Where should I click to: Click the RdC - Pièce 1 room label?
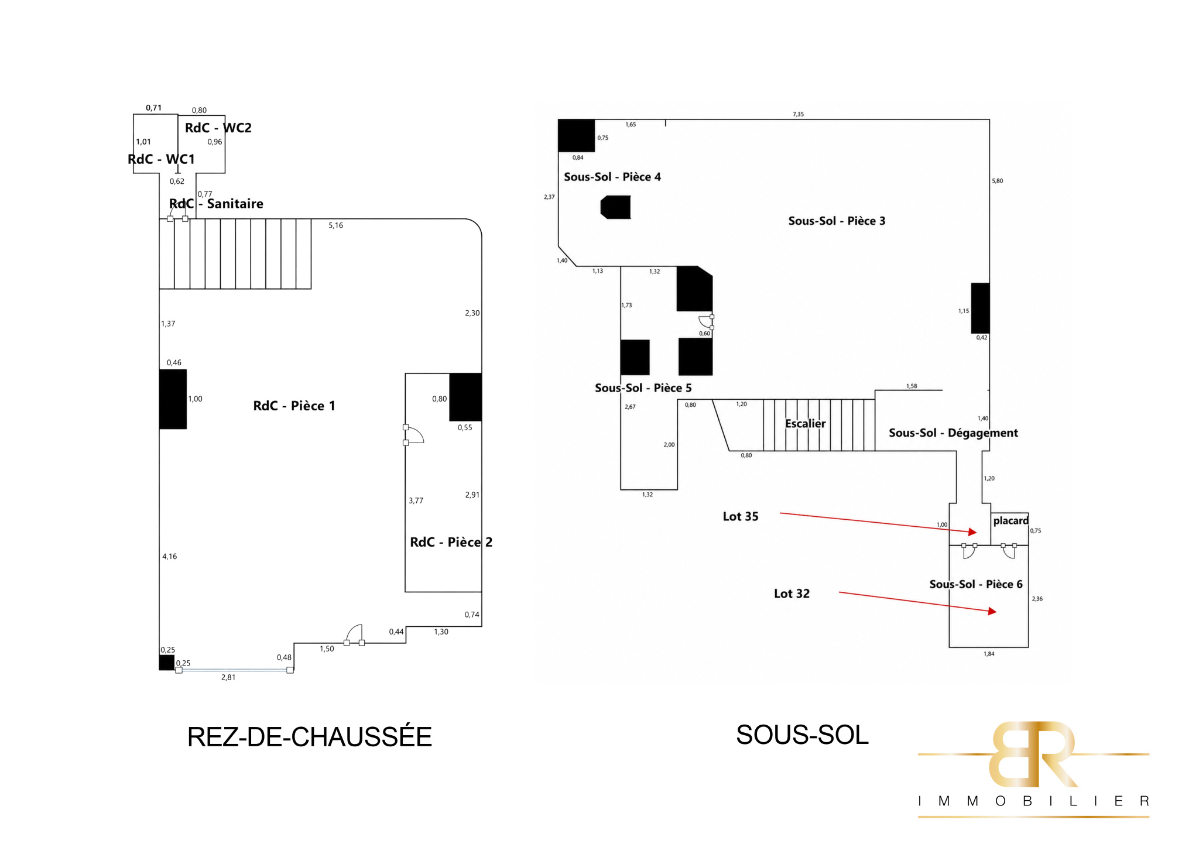pyautogui.click(x=294, y=406)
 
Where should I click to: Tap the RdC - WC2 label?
pyautogui.click(x=218, y=128)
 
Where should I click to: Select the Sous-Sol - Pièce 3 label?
pyautogui.click(x=837, y=221)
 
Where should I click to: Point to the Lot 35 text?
pyautogui.click(x=741, y=516)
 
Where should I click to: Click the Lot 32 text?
pyautogui.click(x=792, y=594)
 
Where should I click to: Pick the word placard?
pyautogui.click(x=1010, y=521)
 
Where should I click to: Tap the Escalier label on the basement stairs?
pyautogui.click(x=805, y=423)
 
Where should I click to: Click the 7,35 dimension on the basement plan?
pyautogui.click(x=798, y=114)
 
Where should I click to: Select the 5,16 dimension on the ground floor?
pyautogui.click(x=335, y=225)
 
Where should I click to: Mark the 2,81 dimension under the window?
pyautogui.click(x=228, y=677)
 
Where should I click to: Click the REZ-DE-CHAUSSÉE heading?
pyautogui.click(x=310, y=736)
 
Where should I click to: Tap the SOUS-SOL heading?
pyautogui.click(x=802, y=735)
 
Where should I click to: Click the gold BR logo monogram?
pyautogui.click(x=1033, y=754)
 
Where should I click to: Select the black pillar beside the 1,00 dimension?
pyautogui.click(x=173, y=399)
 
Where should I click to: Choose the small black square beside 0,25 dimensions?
pyautogui.click(x=167, y=663)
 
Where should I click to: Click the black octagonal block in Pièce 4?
pyautogui.click(x=615, y=207)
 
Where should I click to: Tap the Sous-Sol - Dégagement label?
pyautogui.click(x=953, y=433)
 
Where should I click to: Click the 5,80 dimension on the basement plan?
pyautogui.click(x=997, y=181)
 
